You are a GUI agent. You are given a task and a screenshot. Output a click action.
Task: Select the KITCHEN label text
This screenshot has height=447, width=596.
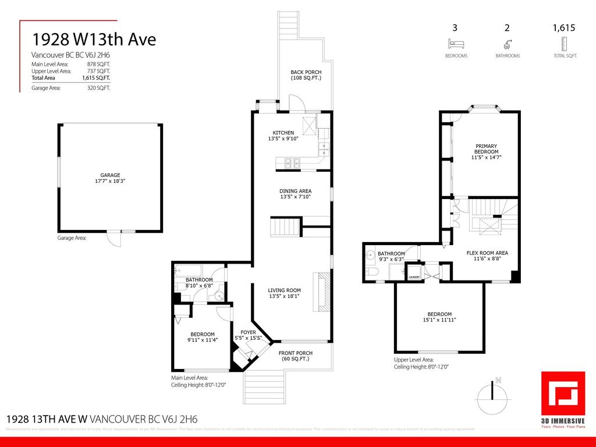pos(283,133)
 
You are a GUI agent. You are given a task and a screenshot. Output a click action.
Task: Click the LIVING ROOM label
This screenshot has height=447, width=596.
pos(284,290)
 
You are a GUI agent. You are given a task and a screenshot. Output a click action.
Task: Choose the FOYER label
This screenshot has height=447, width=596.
pos(248,332)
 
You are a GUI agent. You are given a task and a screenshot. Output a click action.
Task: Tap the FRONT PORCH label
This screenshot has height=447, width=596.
pos(295,353)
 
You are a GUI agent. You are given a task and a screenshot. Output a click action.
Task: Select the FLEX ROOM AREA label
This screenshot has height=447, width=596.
pos(487,253)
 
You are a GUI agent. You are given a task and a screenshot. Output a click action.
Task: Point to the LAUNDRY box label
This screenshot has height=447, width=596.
pos(414,277)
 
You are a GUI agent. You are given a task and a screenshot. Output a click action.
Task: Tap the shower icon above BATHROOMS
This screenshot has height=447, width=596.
pos(508,44)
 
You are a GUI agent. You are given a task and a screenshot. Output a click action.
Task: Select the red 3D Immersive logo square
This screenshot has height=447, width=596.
pos(562,392)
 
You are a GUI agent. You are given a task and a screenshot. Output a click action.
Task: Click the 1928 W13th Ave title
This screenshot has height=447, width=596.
pos(94,39)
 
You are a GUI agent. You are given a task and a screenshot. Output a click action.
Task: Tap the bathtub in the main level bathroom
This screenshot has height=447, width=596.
pos(189,271)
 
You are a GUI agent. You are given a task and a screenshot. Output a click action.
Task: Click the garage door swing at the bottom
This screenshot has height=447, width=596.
pos(113,238)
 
